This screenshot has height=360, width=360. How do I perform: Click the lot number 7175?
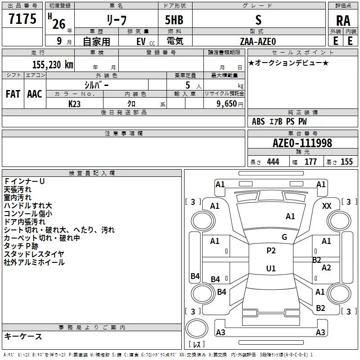click(22, 19)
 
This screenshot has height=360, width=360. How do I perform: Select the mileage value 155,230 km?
click(53, 64)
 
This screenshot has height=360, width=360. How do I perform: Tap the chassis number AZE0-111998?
click(302, 143)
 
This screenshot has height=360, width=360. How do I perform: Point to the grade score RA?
click(343, 21)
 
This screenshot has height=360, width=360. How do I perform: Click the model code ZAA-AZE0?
click(258, 41)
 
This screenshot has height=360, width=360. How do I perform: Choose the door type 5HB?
click(174, 20)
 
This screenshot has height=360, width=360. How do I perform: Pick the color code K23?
click(74, 104)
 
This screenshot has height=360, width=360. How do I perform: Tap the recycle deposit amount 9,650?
click(227, 104)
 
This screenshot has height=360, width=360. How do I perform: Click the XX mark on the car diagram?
click(327, 206)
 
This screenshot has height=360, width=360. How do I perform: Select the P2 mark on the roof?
click(271, 251)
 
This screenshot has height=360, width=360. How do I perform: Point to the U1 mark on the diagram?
click(271, 268)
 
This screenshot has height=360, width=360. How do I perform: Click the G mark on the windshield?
click(284, 237)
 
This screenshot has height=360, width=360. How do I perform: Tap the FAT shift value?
click(13, 94)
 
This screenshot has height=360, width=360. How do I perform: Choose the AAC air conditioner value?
click(35, 94)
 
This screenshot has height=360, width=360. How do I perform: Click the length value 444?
click(273, 162)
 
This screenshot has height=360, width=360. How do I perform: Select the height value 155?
click(346, 162)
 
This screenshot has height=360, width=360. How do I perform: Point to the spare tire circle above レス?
click(197, 328)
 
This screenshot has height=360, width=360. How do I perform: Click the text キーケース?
click(23, 336)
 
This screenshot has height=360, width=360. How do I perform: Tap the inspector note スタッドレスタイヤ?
click(34, 254)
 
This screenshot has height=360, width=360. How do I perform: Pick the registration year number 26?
click(59, 24)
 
